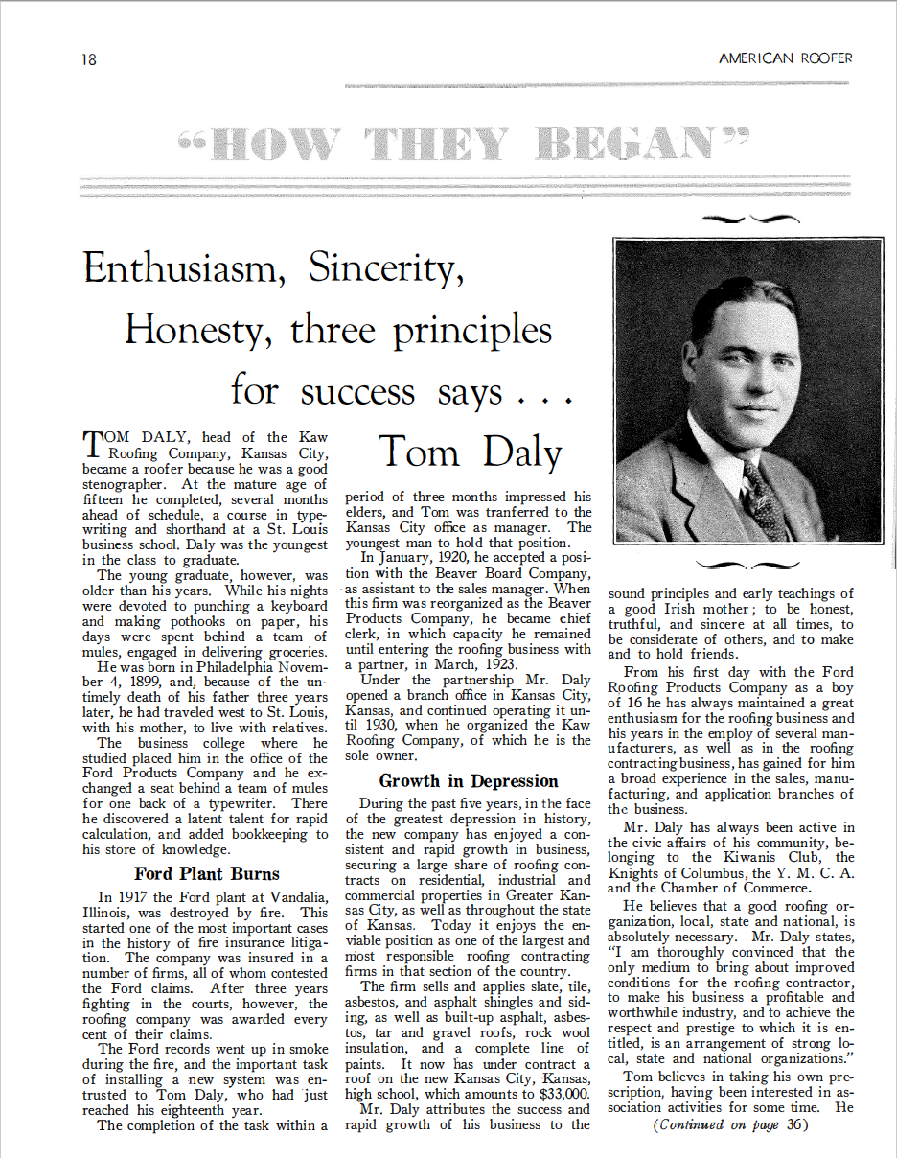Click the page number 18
tap(88, 59)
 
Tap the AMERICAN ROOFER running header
tap(785, 58)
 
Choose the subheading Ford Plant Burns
tap(207, 873)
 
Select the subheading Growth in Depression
tap(468, 780)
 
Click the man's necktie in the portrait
tap(766, 498)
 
